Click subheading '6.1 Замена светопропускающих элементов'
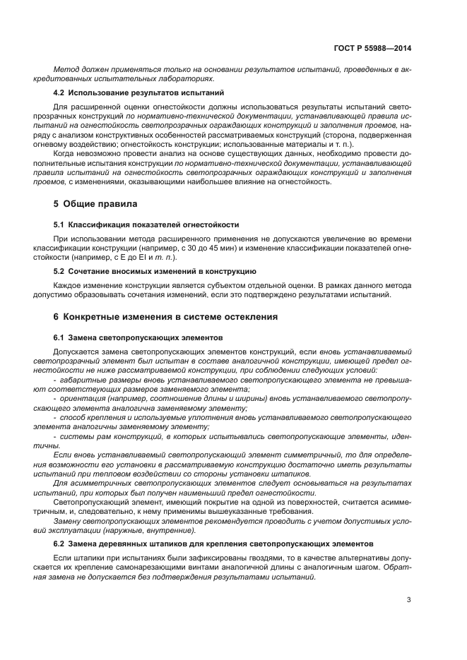pyautogui.click(x=138, y=337)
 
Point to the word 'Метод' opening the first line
pyautogui.click(x=66, y=69)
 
